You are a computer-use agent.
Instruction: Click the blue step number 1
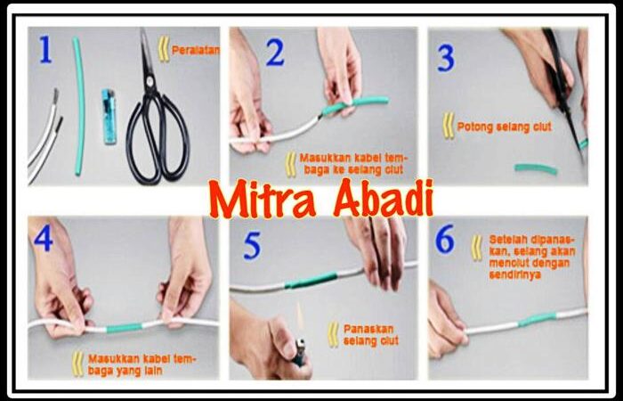click(45, 49)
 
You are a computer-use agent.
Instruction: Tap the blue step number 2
click(275, 52)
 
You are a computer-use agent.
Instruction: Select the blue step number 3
click(446, 58)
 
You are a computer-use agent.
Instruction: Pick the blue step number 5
click(252, 247)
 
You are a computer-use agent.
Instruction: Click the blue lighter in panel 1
click(109, 116)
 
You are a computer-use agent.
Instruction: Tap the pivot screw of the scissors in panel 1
click(150, 81)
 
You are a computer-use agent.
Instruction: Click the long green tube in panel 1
click(79, 105)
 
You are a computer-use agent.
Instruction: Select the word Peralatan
click(195, 50)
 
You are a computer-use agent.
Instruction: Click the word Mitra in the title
click(263, 199)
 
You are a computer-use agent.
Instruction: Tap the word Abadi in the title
click(383, 197)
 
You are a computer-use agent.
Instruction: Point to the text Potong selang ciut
click(505, 127)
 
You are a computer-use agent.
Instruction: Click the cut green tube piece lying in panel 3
click(536, 168)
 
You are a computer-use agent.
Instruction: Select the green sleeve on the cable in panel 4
click(124, 328)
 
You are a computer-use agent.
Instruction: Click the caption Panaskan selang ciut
click(371, 335)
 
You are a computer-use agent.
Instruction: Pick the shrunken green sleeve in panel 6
click(538, 319)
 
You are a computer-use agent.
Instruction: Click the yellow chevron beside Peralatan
click(164, 49)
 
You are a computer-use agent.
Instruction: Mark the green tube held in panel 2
click(355, 104)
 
